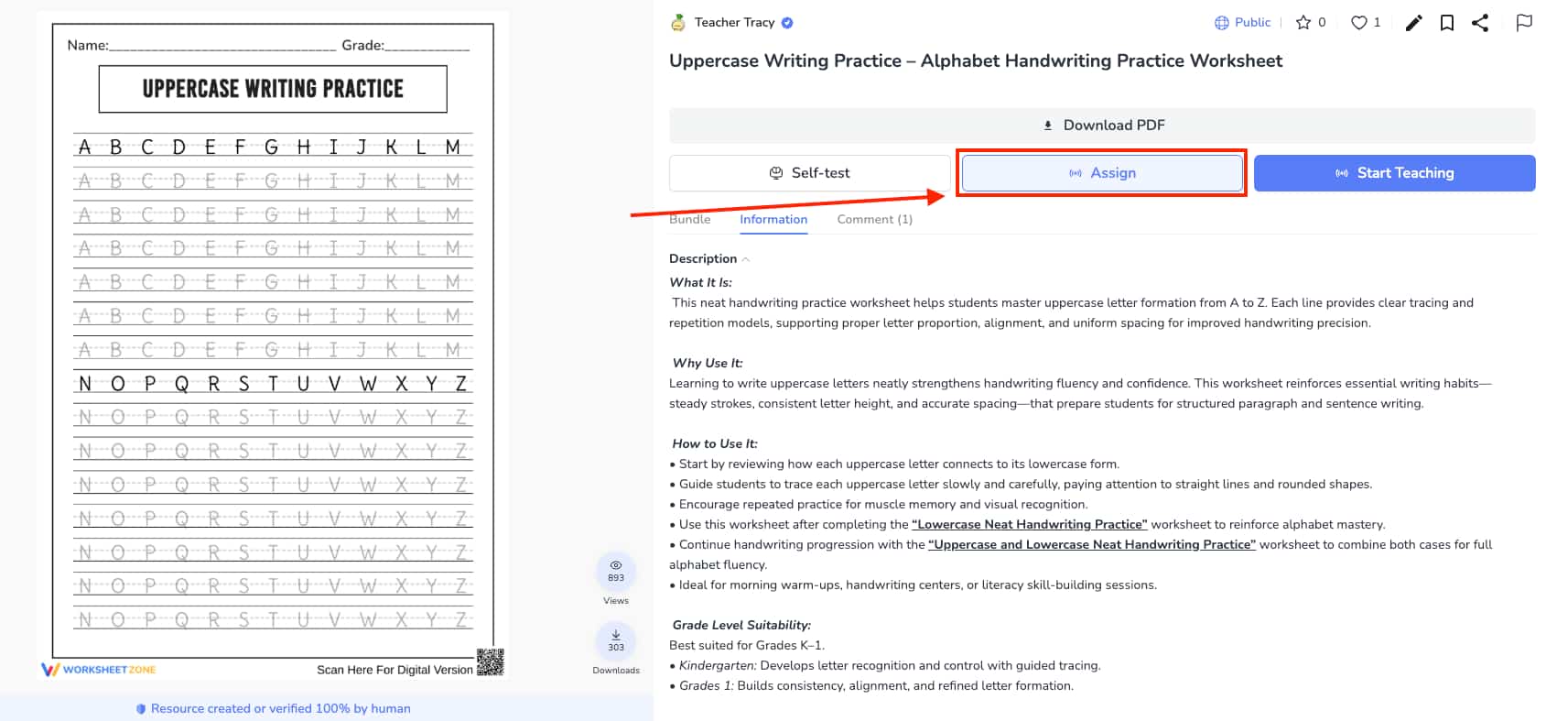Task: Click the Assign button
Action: coord(1102,173)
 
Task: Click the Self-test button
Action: coord(809,173)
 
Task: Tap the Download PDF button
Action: coord(1102,126)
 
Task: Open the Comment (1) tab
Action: coord(874,220)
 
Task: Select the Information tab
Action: coord(773,220)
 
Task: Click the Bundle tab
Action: coord(689,220)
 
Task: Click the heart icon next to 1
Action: coord(1358,23)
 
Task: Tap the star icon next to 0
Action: coord(1303,23)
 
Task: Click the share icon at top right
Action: coord(1480,23)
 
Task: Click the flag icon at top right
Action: coord(1524,23)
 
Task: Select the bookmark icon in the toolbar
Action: coord(1447,23)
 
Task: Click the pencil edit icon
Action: coord(1414,23)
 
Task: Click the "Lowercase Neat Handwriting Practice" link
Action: coord(1029,525)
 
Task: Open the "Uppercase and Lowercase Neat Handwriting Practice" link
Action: coord(1091,545)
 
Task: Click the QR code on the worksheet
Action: coord(490,661)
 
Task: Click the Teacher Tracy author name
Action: coord(734,23)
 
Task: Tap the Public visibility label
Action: coord(1251,23)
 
